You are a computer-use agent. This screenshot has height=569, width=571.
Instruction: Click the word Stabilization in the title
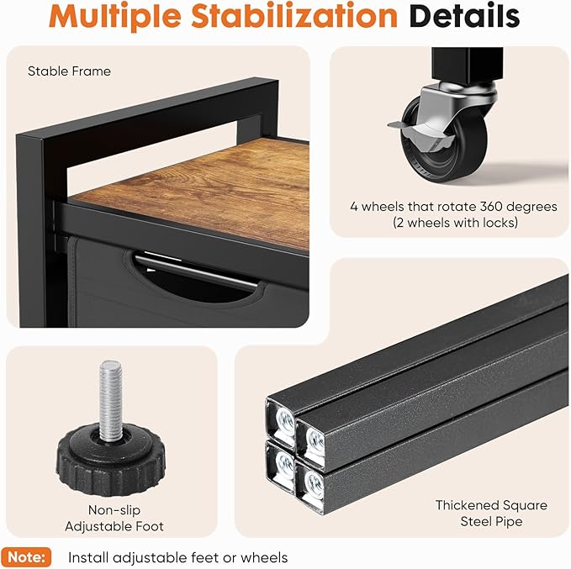(294, 17)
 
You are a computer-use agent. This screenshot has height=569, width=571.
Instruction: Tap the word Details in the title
(464, 15)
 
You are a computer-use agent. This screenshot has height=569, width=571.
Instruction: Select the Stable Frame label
(69, 71)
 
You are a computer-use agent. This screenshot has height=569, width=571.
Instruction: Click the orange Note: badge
(26, 557)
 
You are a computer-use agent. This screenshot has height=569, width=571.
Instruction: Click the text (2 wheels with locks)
(455, 222)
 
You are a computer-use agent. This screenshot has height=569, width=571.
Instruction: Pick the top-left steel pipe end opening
(284, 421)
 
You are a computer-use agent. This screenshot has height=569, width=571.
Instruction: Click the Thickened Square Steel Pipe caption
(491, 513)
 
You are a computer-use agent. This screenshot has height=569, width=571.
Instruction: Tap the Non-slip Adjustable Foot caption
(114, 518)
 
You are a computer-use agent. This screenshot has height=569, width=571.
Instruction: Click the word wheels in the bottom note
(264, 557)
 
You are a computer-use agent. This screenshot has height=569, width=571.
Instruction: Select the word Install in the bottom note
(88, 557)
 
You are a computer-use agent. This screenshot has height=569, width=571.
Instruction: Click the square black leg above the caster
(468, 65)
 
